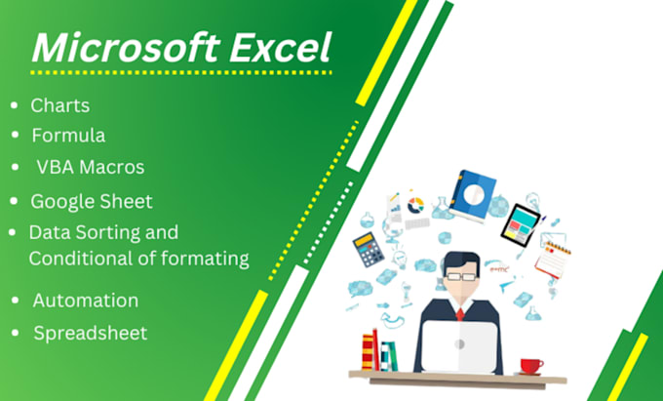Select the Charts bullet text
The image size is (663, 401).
click(60, 104)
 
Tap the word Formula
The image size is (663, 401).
click(68, 135)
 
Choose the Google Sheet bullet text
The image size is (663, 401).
click(92, 201)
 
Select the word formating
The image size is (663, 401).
click(206, 259)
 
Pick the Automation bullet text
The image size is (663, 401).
click(85, 301)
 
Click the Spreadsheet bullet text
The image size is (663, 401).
click(91, 333)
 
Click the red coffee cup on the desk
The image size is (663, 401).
click(531, 366)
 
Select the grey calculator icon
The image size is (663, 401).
click(368, 251)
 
